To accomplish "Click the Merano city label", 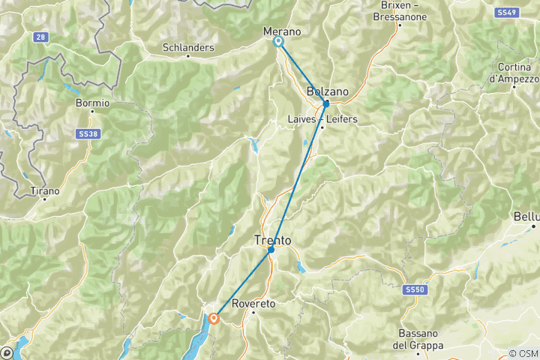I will [282, 31].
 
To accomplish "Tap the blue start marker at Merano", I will [278, 42].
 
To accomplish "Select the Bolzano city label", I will [328, 91].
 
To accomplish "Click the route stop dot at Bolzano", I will [325, 103].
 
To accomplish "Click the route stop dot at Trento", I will [271, 250].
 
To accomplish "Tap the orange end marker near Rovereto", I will [214, 318].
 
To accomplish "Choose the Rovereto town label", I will [254, 304].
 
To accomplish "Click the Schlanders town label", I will [188, 47].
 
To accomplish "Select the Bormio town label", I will [93, 103].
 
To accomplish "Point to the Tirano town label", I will [46, 190].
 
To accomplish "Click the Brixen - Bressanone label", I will [399, 11].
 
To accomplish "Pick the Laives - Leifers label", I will [322, 119].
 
